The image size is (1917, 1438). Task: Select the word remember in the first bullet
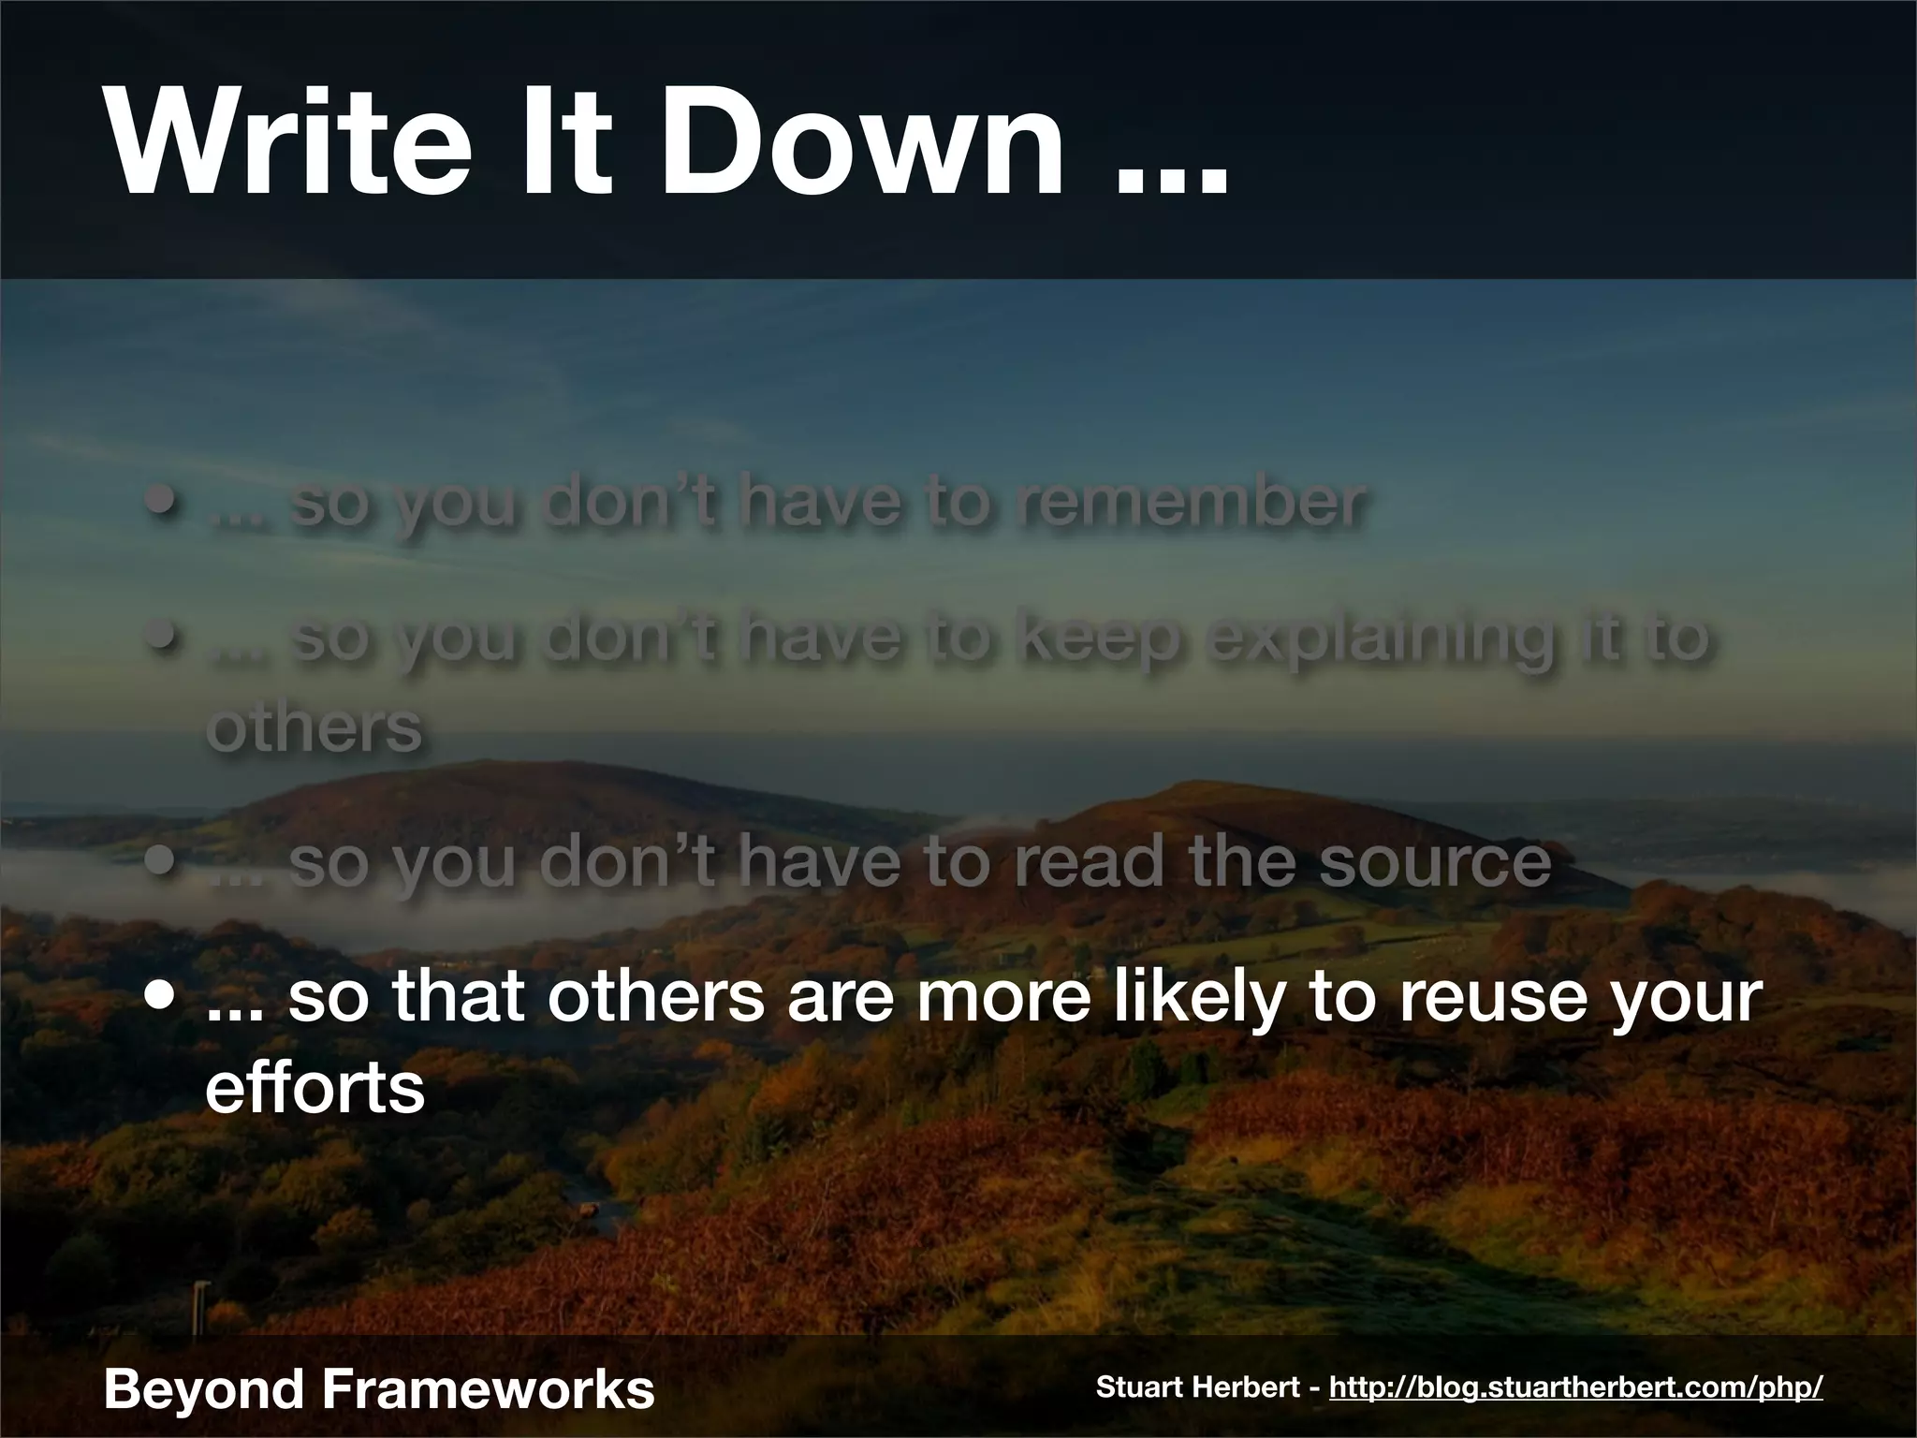coord(1189,504)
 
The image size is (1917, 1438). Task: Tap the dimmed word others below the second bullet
coord(315,728)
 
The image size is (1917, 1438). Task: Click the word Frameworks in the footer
coord(487,1388)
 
